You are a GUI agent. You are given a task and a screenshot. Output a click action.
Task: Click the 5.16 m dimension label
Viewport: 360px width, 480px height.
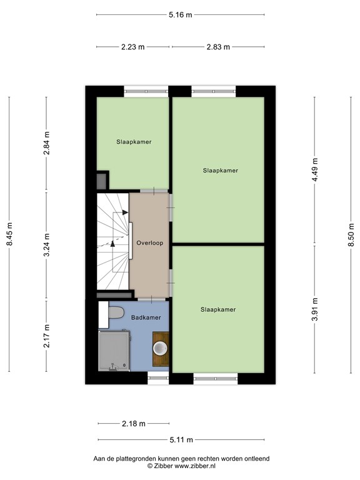[181, 14]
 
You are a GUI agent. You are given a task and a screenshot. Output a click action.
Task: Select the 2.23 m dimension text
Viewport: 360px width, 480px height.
[132, 47]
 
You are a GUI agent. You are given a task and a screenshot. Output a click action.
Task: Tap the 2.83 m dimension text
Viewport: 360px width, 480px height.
[217, 47]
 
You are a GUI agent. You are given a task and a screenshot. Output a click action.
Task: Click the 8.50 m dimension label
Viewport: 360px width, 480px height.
[351, 236]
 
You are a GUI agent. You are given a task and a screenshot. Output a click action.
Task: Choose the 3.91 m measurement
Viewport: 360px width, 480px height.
[316, 311]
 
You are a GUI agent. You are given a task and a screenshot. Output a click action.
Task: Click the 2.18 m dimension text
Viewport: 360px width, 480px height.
[133, 424]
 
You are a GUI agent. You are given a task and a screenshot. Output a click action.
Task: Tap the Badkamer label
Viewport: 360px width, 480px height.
[146, 317]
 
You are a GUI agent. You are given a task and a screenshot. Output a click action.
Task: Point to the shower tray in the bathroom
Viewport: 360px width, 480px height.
[114, 351]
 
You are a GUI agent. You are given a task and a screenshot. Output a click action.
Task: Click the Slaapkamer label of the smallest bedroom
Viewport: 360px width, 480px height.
[134, 142]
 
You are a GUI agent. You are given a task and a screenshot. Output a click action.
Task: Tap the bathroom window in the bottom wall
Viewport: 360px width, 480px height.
[157, 377]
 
